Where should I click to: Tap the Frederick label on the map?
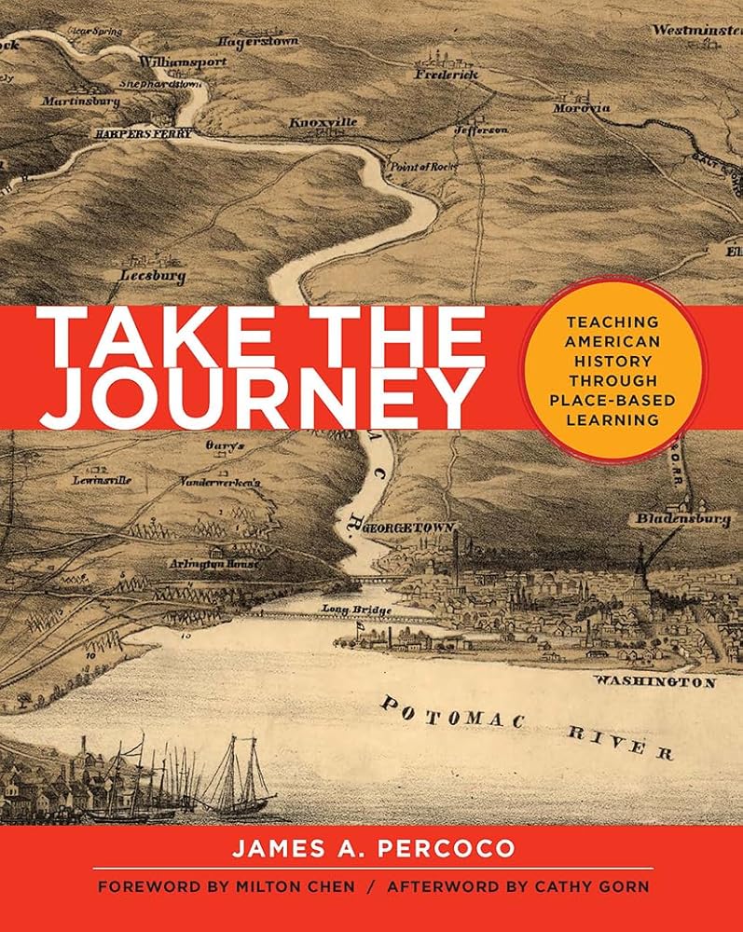[x=446, y=73]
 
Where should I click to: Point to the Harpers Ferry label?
[x=143, y=134]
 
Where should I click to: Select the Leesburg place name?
[x=153, y=276]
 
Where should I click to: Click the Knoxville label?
[x=323, y=122]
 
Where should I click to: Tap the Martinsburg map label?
[x=80, y=101]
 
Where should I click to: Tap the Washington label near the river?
[x=654, y=682]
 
